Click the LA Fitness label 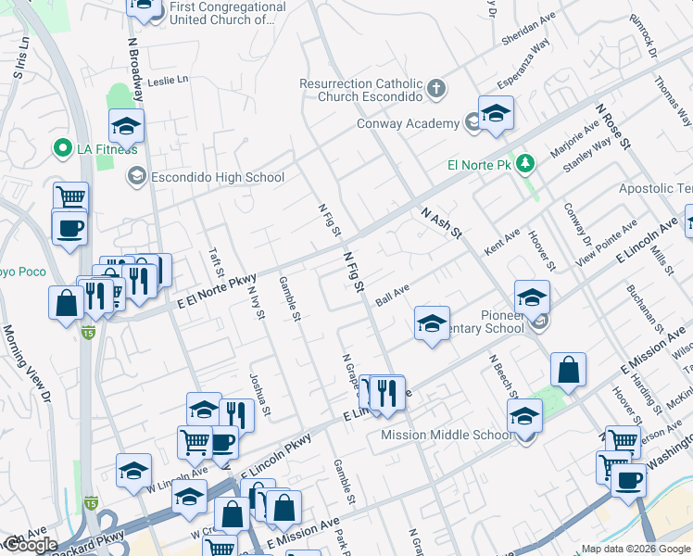[x=107, y=149]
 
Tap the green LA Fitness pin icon [x=63, y=148]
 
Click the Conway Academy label [x=409, y=124]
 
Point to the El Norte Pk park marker [x=525, y=164]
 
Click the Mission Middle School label [x=447, y=435]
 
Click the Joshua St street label [x=259, y=395]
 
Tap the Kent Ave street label [x=502, y=244]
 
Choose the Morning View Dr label [x=27, y=362]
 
